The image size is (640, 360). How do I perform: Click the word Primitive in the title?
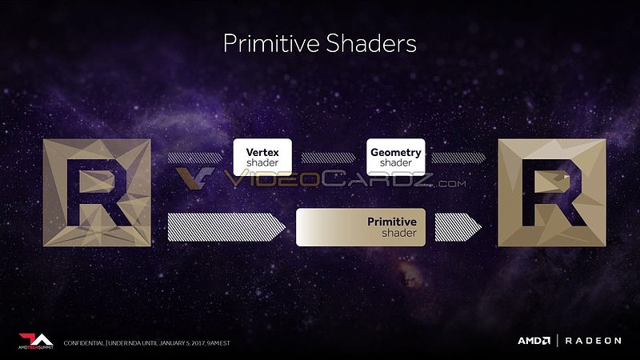click(271, 44)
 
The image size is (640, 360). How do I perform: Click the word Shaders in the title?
click(371, 43)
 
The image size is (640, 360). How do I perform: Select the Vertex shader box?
click(262, 157)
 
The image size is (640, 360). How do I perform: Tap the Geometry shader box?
click(395, 157)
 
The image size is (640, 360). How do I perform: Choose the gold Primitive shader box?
click(361, 227)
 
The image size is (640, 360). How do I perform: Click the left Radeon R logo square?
click(97, 193)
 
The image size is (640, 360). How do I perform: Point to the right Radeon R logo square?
click(552, 193)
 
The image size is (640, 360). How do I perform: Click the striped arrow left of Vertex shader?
click(195, 158)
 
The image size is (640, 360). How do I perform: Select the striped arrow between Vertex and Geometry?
click(329, 158)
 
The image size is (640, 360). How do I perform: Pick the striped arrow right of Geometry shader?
click(458, 158)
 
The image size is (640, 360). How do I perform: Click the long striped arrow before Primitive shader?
click(226, 227)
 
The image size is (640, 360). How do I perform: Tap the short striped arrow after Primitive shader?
click(458, 227)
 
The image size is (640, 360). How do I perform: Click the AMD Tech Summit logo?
click(36, 342)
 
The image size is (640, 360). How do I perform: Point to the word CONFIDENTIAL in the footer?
click(84, 343)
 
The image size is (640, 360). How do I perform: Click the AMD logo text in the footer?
click(534, 341)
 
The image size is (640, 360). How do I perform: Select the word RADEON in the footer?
click(593, 341)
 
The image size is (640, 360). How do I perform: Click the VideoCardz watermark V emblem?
click(195, 178)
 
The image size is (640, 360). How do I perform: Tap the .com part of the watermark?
click(451, 184)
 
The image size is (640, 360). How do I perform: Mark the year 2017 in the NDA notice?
click(198, 343)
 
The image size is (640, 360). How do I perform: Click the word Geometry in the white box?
click(395, 153)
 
